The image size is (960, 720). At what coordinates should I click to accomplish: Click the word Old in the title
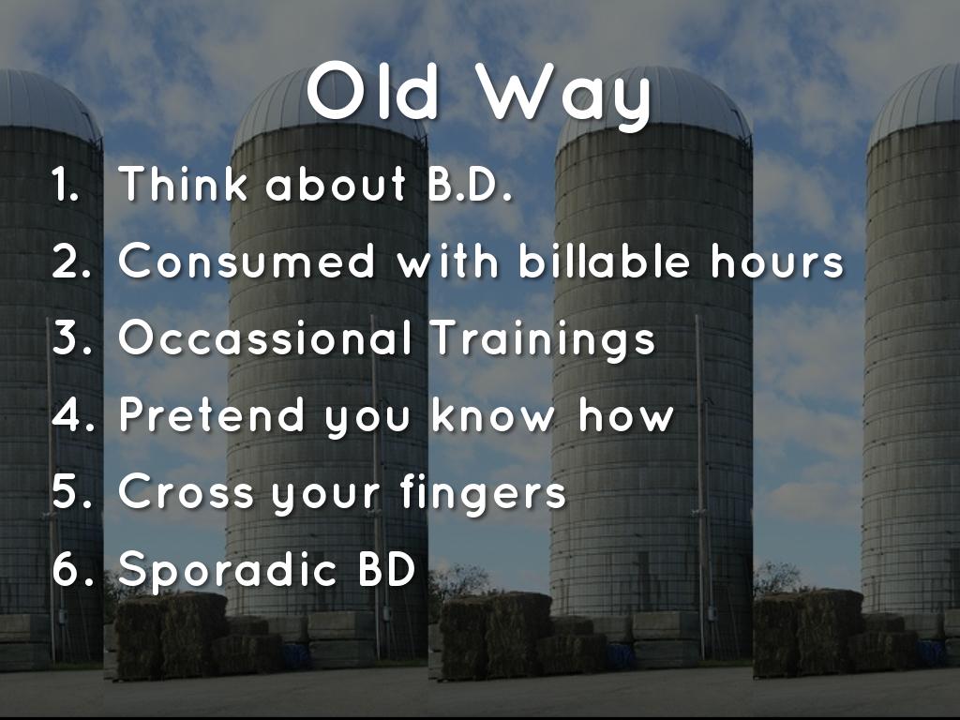click(373, 91)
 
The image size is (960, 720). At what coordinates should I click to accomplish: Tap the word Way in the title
click(563, 97)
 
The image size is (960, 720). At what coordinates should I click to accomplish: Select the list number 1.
click(65, 184)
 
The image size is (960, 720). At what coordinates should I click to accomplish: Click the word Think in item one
click(183, 183)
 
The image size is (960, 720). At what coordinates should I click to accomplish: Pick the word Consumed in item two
click(247, 261)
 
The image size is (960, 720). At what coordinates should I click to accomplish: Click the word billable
click(605, 260)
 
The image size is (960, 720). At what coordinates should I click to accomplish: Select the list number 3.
click(71, 337)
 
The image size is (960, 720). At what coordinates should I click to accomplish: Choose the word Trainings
click(543, 340)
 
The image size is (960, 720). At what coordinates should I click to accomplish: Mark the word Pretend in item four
click(211, 414)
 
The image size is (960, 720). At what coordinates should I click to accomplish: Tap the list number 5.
click(71, 491)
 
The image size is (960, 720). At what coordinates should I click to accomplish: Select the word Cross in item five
click(186, 491)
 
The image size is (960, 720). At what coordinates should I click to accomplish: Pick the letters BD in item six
click(387, 569)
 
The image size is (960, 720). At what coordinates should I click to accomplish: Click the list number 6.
click(73, 569)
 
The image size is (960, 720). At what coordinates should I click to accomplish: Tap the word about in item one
click(335, 183)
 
